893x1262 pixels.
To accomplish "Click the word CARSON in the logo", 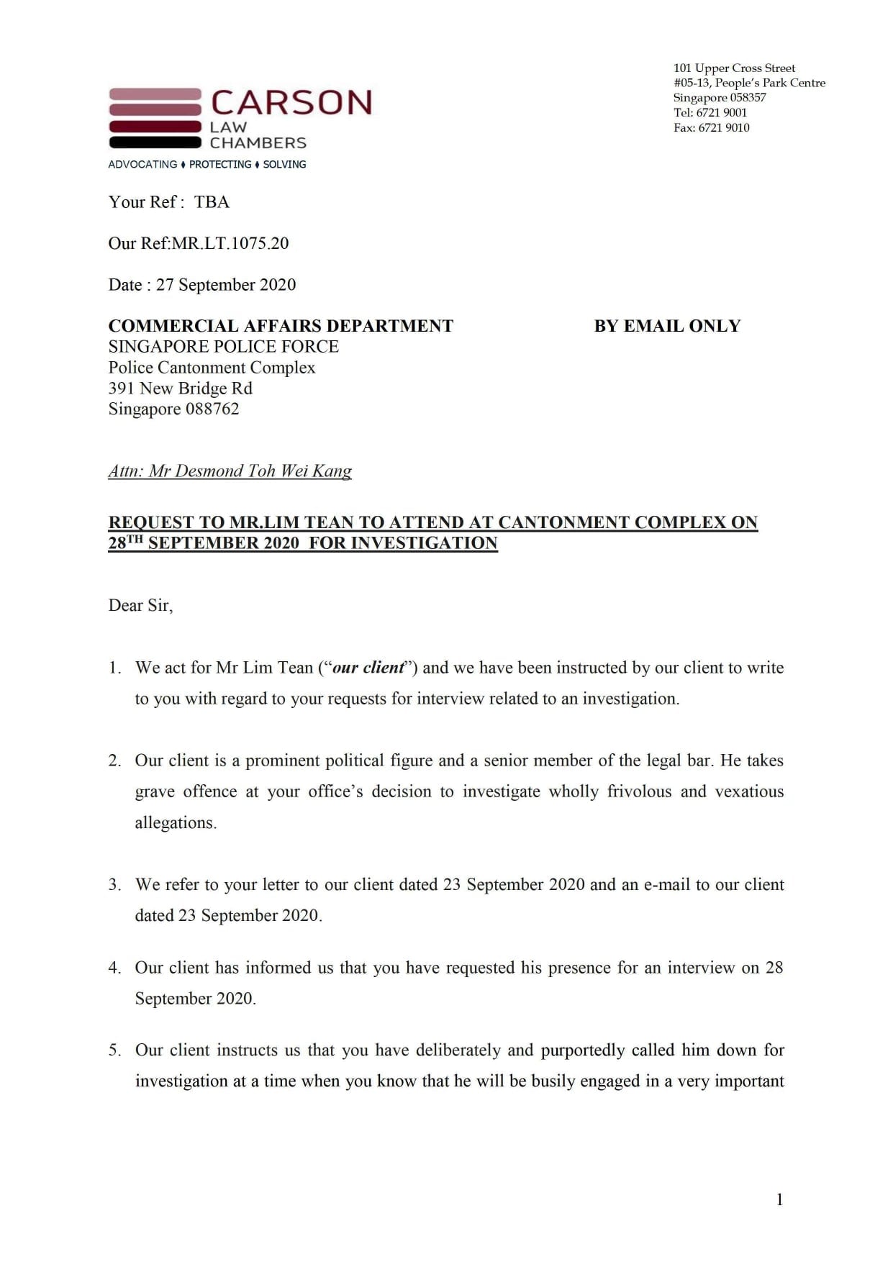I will coord(291,103).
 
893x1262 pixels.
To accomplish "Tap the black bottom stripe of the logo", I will coord(155,142).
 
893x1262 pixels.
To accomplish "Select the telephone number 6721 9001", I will coord(722,112).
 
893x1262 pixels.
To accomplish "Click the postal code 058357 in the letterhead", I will coord(748,97).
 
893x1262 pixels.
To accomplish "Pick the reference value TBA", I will coord(212,202).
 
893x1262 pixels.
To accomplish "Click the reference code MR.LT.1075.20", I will coord(230,243).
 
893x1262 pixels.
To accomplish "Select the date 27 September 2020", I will coord(226,285).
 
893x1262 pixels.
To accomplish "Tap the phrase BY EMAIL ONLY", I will coord(667,326).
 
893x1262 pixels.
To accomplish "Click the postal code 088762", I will coord(212,409).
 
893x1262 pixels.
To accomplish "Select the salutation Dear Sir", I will coord(140,605).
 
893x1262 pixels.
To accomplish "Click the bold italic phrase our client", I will coord(368,668).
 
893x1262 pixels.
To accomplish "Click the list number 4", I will coord(114,968).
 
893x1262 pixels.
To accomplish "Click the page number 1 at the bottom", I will coord(779,1199).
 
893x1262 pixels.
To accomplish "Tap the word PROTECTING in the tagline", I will coord(220,164).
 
